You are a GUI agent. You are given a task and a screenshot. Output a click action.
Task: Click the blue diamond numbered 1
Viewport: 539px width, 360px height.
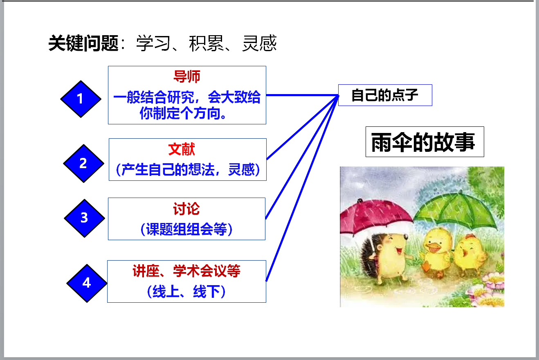point(81,99)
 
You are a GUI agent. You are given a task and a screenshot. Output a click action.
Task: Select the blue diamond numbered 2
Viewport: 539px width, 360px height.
point(84,163)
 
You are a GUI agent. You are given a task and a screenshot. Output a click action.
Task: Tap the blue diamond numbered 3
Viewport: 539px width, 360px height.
point(85,218)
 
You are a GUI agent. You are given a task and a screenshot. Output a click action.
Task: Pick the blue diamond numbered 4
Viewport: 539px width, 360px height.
point(87,283)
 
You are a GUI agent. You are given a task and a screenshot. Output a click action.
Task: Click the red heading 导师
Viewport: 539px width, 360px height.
point(187,77)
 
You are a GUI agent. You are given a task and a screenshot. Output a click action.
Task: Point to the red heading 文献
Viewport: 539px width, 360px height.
point(182,149)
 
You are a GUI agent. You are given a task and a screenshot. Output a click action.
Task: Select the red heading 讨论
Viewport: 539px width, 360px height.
point(186,209)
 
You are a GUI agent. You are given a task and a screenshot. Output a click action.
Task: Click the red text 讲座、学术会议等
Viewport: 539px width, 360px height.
point(186,271)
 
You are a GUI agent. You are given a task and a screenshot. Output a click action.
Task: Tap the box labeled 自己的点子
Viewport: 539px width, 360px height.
point(385,95)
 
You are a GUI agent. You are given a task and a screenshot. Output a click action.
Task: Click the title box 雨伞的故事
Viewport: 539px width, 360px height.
point(425,142)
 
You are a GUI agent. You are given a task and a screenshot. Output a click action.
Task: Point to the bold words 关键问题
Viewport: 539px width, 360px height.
point(83,43)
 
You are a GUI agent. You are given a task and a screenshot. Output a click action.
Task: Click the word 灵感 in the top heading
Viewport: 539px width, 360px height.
point(259,43)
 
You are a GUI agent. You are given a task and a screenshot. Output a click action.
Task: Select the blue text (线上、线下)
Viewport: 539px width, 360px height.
point(186,291)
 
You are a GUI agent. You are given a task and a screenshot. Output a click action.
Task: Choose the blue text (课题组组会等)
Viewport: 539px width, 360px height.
point(186,229)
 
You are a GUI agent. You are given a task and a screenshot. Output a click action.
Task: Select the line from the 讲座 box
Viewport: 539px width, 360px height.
point(302,188)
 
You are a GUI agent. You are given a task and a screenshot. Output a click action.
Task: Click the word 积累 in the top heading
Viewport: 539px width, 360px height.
point(206,43)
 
